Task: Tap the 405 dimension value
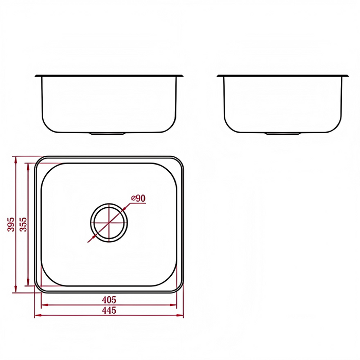109,299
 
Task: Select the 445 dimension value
109,310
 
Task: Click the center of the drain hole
109,222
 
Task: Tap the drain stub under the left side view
107,134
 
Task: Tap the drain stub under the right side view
283,134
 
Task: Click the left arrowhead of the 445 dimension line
37,315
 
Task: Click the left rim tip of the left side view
36,76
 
